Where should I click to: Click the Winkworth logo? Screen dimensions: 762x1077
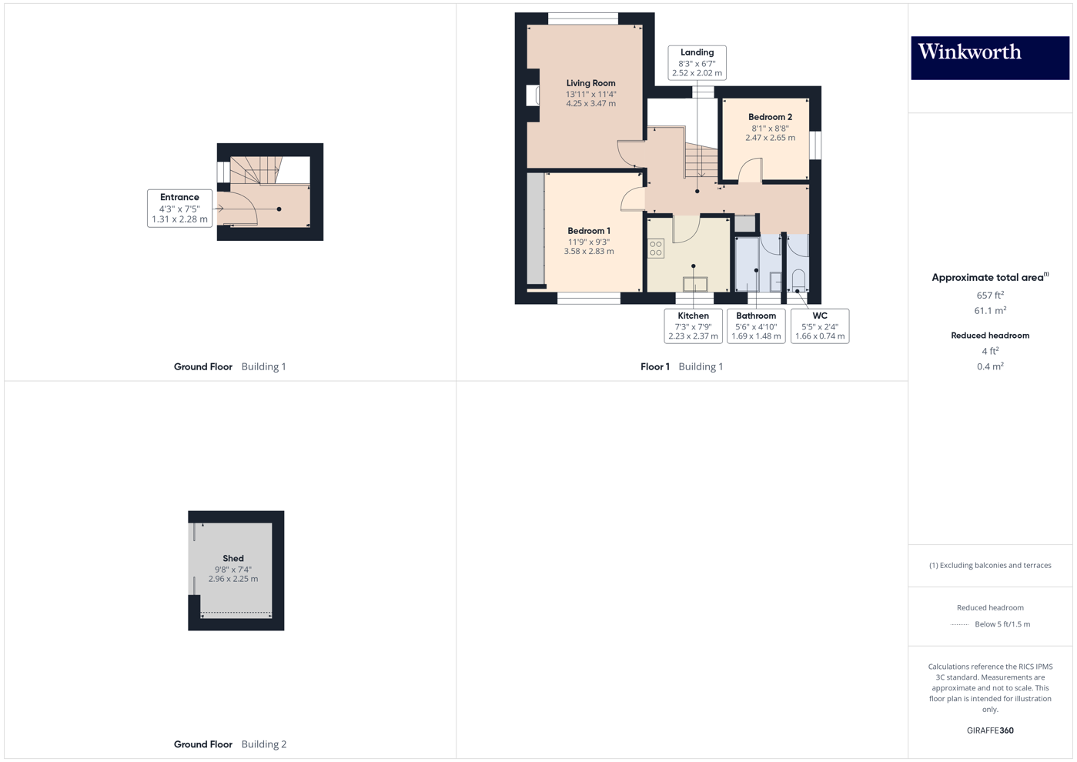pyautogui.click(x=989, y=57)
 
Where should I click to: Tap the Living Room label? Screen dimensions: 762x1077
pyautogui.click(x=590, y=83)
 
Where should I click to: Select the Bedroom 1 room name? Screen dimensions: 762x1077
pyautogui.click(x=589, y=231)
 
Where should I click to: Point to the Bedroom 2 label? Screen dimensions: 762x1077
pyautogui.click(x=770, y=117)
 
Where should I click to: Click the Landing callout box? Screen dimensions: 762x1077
pyautogui.click(x=697, y=62)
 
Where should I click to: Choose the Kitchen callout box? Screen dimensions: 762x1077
pyautogui.click(x=693, y=326)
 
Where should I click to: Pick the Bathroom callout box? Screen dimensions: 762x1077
pyautogui.click(x=756, y=326)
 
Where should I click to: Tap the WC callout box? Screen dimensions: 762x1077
pyautogui.click(x=820, y=326)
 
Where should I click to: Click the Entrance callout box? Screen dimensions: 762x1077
pyautogui.click(x=179, y=208)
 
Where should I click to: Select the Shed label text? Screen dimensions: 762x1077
pyautogui.click(x=233, y=558)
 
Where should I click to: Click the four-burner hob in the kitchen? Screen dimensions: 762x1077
pyautogui.click(x=656, y=248)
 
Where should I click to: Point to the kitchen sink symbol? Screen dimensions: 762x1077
pyautogui.click(x=694, y=284)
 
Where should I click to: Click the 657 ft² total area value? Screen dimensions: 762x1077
pyautogui.click(x=990, y=296)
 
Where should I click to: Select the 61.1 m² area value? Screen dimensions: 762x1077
pyautogui.click(x=990, y=311)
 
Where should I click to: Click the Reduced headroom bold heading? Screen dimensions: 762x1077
pyautogui.click(x=990, y=336)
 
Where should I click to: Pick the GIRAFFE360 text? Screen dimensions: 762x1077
pyautogui.click(x=990, y=730)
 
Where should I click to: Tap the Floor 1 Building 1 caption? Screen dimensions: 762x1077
pyautogui.click(x=681, y=366)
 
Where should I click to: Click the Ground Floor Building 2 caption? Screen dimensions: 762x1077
pyautogui.click(x=229, y=744)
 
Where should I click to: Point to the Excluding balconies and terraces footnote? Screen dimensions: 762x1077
pyautogui.click(x=990, y=565)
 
